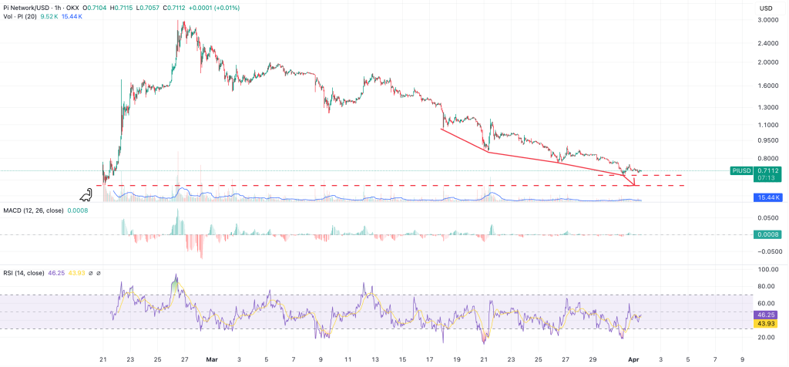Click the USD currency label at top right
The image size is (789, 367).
765,8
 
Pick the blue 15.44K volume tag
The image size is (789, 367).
766,198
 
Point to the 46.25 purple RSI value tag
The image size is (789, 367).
766,315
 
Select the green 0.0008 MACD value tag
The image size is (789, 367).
766,234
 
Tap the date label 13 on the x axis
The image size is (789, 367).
374,359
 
